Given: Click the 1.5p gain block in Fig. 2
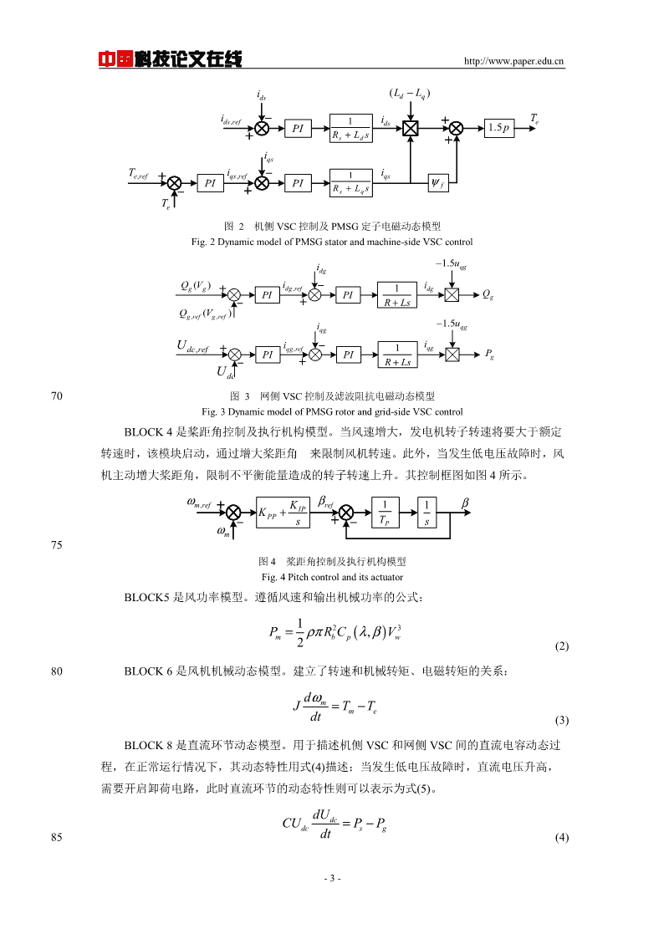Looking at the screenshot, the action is tap(498, 128).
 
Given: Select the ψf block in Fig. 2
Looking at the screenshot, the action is tap(437, 182).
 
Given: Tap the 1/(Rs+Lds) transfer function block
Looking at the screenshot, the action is tap(351, 128).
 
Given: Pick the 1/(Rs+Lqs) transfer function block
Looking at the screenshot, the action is tap(351, 182).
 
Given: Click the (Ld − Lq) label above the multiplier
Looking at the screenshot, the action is tap(410, 94).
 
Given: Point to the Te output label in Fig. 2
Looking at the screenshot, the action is tap(534, 119).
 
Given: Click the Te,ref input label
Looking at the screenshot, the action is tap(138, 174).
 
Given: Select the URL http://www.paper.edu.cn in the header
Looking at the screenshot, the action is tap(513, 61).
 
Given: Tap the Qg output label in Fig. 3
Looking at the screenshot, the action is tap(488, 294).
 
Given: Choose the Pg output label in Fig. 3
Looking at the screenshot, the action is tap(489, 354).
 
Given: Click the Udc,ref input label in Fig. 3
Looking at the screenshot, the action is tap(193, 346).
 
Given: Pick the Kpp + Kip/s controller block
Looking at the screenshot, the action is tap(283, 513).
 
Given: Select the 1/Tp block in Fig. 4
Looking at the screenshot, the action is tap(385, 513).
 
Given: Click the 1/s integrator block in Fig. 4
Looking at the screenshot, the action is tap(426, 513).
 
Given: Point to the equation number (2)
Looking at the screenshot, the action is tap(561, 646).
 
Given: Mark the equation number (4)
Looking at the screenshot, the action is tap(561, 837).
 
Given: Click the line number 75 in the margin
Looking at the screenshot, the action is tap(57, 545).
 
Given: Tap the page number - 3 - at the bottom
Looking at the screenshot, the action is tap(332, 879).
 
